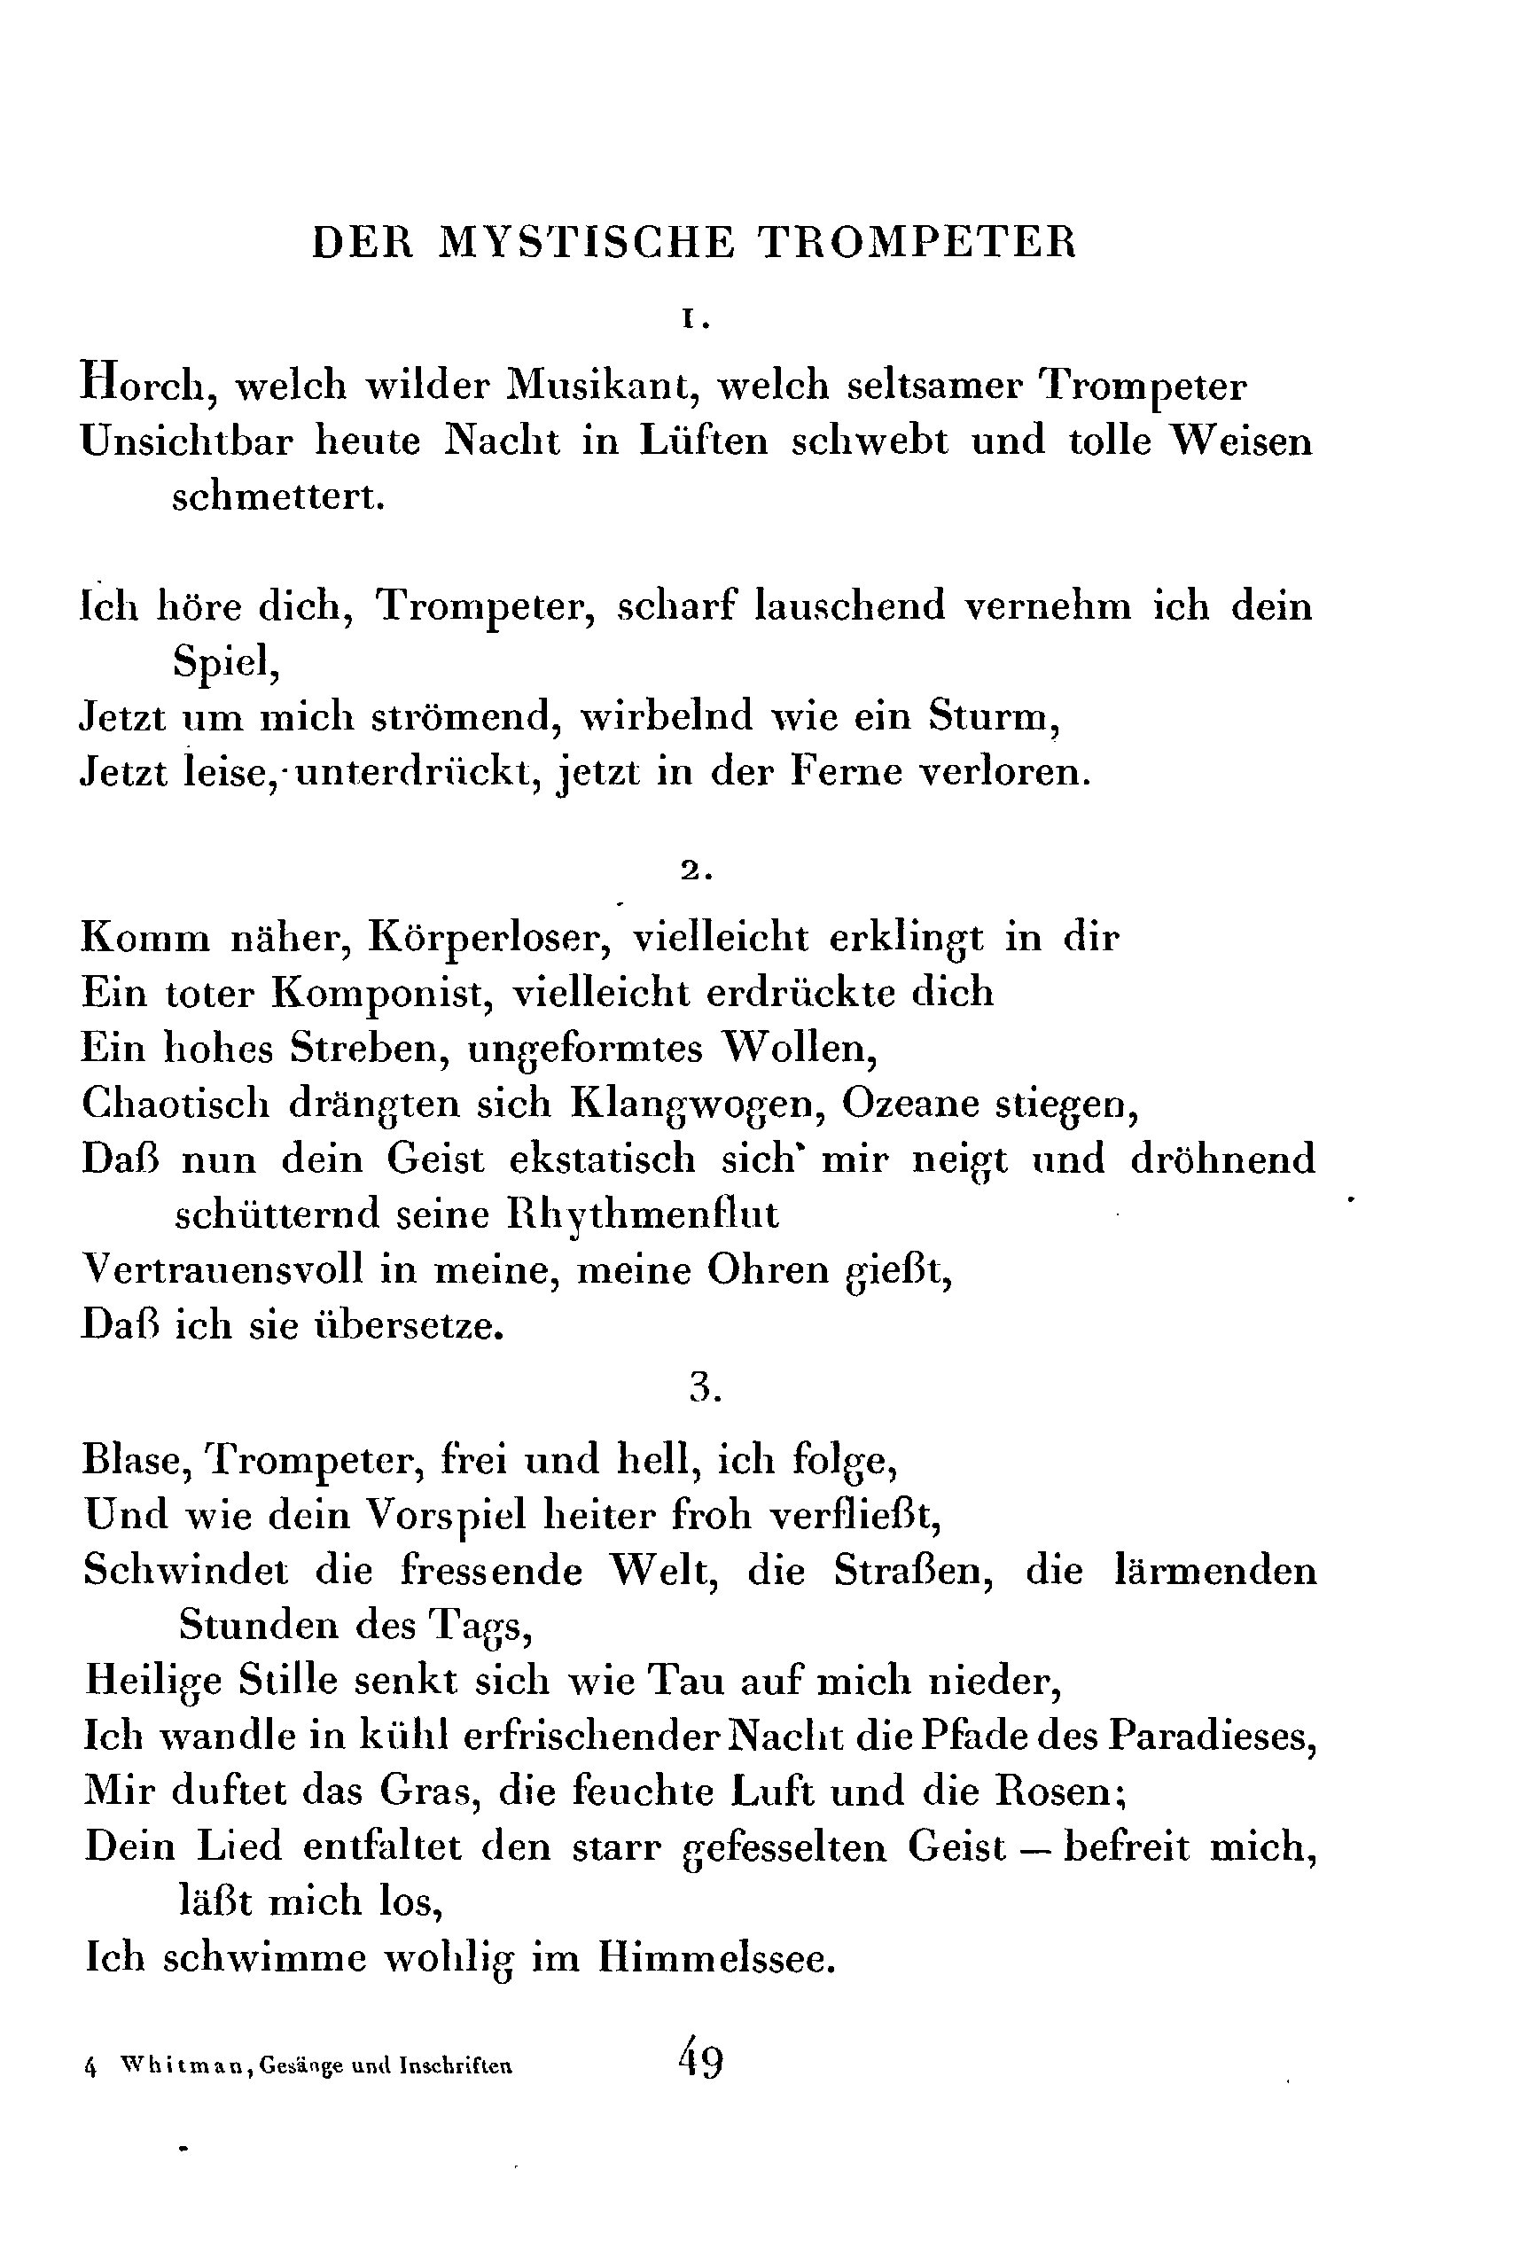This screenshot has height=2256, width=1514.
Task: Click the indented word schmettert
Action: click(279, 497)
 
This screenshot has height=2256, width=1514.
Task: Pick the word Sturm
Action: click(994, 716)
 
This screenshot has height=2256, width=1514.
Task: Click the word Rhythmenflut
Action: click(643, 1214)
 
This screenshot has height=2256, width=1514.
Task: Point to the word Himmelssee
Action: click(715, 1956)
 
